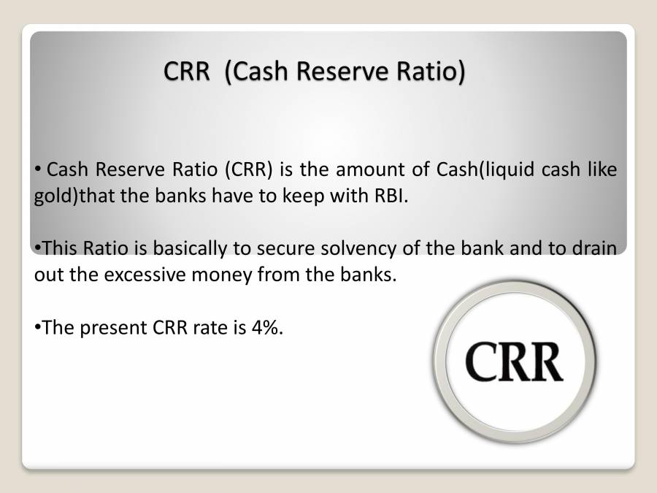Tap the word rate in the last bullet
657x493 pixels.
tap(210, 327)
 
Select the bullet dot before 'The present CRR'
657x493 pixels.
tap(38, 327)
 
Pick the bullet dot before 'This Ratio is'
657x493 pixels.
tap(38, 248)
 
